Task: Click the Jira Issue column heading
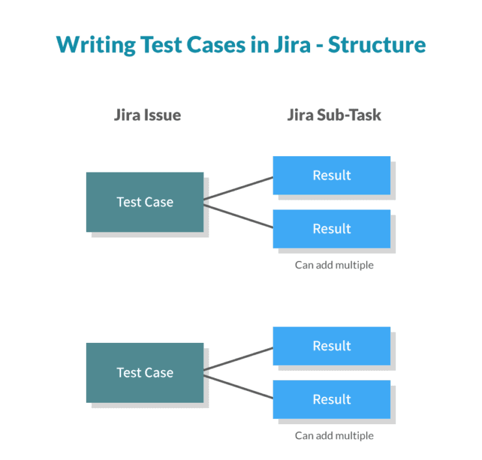point(147,116)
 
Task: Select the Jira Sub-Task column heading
point(334,116)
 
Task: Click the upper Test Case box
point(145,202)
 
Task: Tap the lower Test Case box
point(145,372)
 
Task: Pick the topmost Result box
point(332,175)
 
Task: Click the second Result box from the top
point(332,228)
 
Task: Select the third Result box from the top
point(332,345)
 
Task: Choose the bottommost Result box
point(332,399)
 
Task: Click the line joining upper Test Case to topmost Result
point(238,188)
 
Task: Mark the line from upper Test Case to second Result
point(238,215)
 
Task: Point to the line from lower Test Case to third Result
point(238,359)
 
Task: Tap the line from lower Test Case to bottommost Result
point(238,386)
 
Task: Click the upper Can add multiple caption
point(334,265)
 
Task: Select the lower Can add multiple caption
point(334,436)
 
